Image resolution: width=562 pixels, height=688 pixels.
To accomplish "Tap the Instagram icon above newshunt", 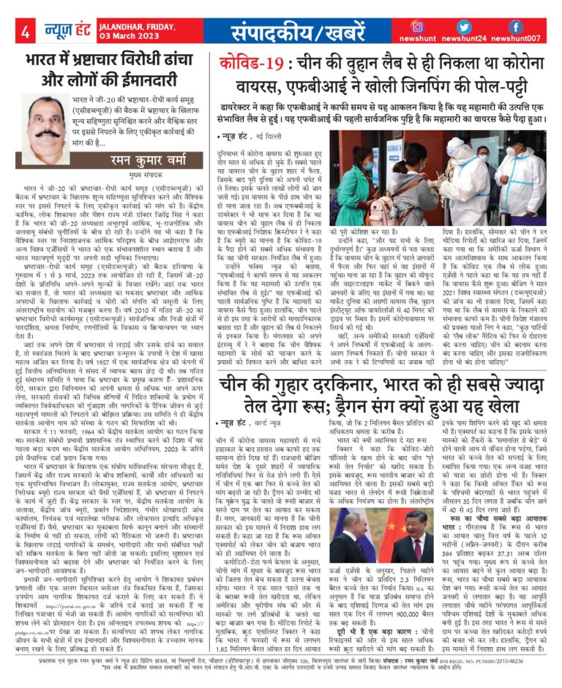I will (438, 27).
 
